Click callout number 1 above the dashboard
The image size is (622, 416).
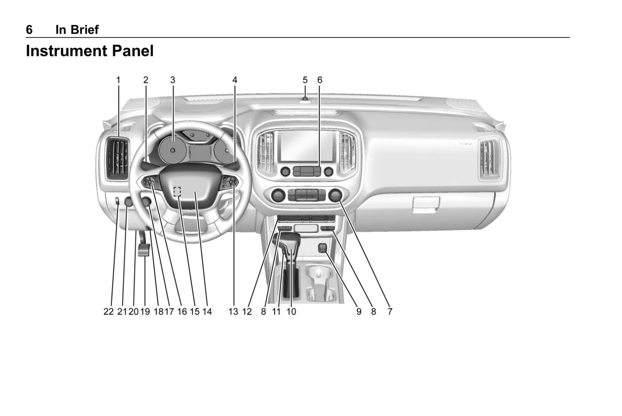click(118, 80)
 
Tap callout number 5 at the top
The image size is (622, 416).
click(305, 80)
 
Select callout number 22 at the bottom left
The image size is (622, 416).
click(108, 312)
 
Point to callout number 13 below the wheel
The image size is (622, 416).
click(233, 312)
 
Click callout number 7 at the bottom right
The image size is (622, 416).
click(390, 312)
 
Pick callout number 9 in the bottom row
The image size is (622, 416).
click(359, 312)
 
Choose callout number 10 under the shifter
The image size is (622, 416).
click(291, 312)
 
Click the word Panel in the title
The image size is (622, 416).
click(133, 51)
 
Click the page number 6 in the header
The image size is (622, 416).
click(29, 30)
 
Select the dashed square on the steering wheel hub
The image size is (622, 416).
click(177, 191)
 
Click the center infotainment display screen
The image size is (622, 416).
click(307, 146)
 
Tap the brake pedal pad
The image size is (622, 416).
click(144, 250)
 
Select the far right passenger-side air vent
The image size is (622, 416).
click(489, 159)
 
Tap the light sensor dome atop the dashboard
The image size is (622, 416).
click(305, 99)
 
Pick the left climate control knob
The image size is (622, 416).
click(278, 195)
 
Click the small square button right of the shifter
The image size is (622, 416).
click(323, 248)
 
